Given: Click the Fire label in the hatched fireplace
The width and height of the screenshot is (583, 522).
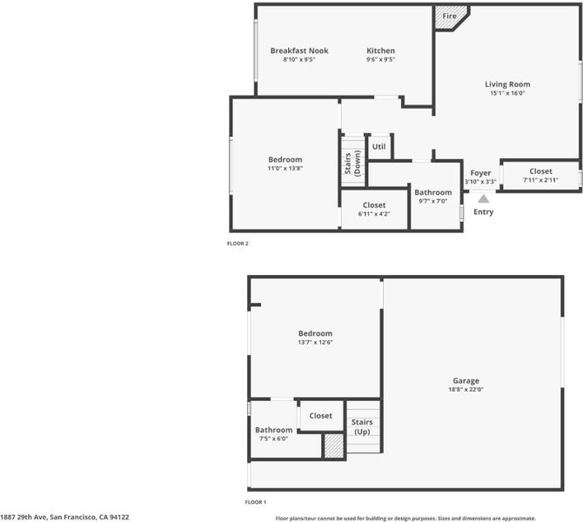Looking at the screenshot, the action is (449, 16).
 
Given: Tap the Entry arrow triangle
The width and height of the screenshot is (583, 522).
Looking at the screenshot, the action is (483, 199).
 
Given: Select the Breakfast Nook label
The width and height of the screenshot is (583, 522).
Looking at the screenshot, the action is (299, 50).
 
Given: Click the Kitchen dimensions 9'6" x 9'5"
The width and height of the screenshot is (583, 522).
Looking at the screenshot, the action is (380, 59).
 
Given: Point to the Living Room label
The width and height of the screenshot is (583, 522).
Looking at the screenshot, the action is (507, 84).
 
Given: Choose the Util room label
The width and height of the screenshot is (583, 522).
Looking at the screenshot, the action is (379, 146).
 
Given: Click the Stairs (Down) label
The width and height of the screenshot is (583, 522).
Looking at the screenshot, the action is (352, 164).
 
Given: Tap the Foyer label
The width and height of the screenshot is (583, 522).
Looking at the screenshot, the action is (480, 173).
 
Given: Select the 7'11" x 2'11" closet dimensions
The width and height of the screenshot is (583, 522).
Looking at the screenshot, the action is (540, 180).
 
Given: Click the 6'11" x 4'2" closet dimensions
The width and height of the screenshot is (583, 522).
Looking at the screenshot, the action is (373, 214).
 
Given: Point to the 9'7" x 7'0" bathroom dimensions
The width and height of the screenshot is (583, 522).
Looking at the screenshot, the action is (432, 201).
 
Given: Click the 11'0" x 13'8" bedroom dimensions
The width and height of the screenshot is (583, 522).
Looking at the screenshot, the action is (285, 168).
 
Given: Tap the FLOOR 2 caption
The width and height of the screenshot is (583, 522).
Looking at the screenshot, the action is (238, 244).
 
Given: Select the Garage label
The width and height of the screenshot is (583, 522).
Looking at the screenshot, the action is (466, 381).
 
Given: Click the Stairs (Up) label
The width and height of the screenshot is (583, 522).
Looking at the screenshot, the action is (362, 427).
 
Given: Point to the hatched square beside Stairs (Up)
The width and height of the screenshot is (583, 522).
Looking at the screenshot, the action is (333, 445).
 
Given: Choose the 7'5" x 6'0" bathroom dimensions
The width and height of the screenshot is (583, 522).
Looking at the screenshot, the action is (273, 438).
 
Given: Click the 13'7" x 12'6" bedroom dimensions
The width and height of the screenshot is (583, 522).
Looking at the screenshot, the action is (315, 343).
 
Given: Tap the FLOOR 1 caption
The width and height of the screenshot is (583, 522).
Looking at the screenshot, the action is (256, 502).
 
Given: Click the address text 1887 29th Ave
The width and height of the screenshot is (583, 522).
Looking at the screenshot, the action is (23, 517).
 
